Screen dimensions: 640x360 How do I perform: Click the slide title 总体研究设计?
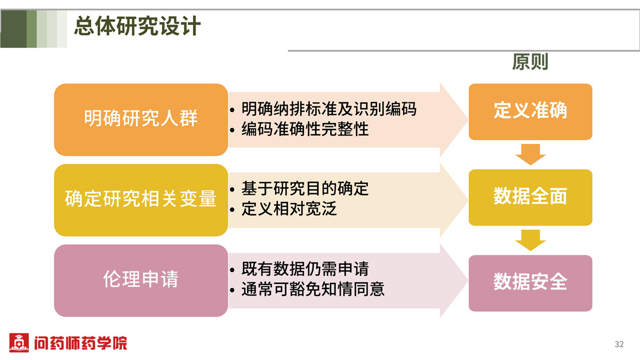(137, 26)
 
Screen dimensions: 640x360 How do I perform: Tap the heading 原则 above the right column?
(530, 62)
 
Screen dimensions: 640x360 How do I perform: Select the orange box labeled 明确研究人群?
(141, 119)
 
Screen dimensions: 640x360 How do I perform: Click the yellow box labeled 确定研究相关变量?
(141, 200)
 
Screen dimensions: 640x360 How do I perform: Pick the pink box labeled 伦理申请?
(141, 281)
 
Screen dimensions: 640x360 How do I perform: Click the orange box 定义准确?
(530, 111)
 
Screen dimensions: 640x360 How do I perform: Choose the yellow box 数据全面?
(530, 197)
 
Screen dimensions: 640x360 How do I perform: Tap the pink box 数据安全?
(530, 283)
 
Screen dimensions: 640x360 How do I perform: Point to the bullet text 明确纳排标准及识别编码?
(329, 109)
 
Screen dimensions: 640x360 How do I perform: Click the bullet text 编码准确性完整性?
(305, 129)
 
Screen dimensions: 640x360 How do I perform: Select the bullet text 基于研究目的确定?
(305, 189)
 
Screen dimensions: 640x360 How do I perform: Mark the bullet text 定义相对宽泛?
(289, 209)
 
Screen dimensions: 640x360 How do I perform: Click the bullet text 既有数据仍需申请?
(305, 269)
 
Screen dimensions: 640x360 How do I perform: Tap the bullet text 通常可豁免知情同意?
(313, 289)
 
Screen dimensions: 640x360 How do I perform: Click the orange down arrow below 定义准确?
(531, 154)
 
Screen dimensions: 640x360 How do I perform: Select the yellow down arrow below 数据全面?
(531, 240)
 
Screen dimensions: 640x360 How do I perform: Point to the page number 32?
(619, 344)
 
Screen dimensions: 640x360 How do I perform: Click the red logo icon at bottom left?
(19, 342)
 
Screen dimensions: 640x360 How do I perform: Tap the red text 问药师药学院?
(81, 343)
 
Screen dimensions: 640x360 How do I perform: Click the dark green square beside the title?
(13, 29)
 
